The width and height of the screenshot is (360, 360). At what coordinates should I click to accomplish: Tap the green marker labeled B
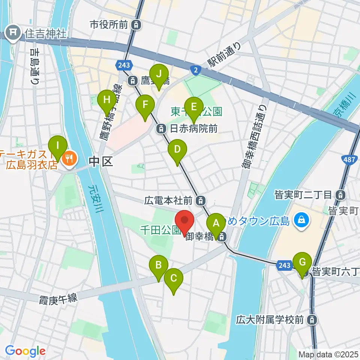(159, 265)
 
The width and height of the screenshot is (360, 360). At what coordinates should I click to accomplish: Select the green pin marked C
(174, 279)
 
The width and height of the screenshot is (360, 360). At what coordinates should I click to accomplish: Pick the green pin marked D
(177, 150)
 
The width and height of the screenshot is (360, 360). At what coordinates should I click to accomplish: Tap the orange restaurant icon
(69, 159)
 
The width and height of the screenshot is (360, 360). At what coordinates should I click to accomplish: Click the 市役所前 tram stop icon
(137, 25)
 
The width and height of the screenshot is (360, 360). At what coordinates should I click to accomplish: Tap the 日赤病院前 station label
(193, 129)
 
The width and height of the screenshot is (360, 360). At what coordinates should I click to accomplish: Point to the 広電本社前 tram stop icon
(201, 200)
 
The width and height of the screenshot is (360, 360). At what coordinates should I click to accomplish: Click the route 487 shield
(348, 159)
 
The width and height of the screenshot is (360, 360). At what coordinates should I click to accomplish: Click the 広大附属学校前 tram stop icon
(311, 320)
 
